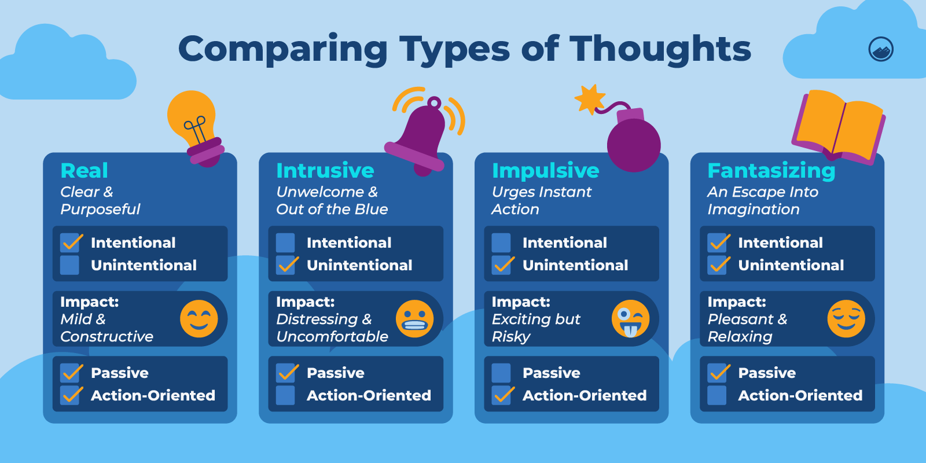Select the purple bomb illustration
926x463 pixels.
(632, 142)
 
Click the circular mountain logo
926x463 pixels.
(881, 49)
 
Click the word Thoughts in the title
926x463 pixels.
(660, 49)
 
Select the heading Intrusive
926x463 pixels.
(325, 171)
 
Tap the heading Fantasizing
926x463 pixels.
(771, 171)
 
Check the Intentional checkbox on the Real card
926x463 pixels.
(70, 242)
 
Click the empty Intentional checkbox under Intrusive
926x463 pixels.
(285, 242)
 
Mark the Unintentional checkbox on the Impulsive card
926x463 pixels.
(501, 265)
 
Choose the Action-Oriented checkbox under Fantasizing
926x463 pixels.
(717, 395)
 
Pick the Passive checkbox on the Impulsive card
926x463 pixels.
(501, 373)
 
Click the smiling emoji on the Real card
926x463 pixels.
(199, 319)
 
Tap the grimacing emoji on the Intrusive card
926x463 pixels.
(414, 319)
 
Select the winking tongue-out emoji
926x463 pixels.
(630, 319)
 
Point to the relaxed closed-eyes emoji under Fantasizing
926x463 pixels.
(846, 319)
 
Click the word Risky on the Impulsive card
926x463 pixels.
(511, 337)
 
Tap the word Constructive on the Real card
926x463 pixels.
(107, 337)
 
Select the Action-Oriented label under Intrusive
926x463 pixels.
(369, 395)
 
